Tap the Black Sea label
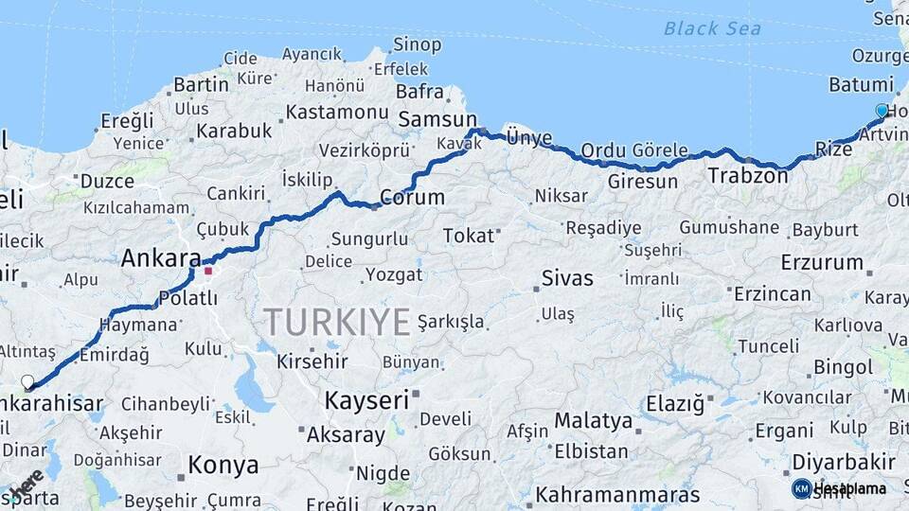(x=712, y=28)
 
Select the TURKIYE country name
(x=337, y=322)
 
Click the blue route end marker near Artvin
(x=882, y=111)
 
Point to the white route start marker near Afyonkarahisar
(x=27, y=382)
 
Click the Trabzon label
(x=747, y=175)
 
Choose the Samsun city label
(x=437, y=119)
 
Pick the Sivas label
(x=567, y=278)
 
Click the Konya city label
(x=223, y=465)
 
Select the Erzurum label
(x=821, y=262)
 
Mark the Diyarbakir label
(x=844, y=462)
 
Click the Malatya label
(x=593, y=419)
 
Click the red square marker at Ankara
(x=208, y=271)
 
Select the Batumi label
(x=861, y=84)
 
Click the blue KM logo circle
(x=801, y=488)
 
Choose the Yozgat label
(x=393, y=274)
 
